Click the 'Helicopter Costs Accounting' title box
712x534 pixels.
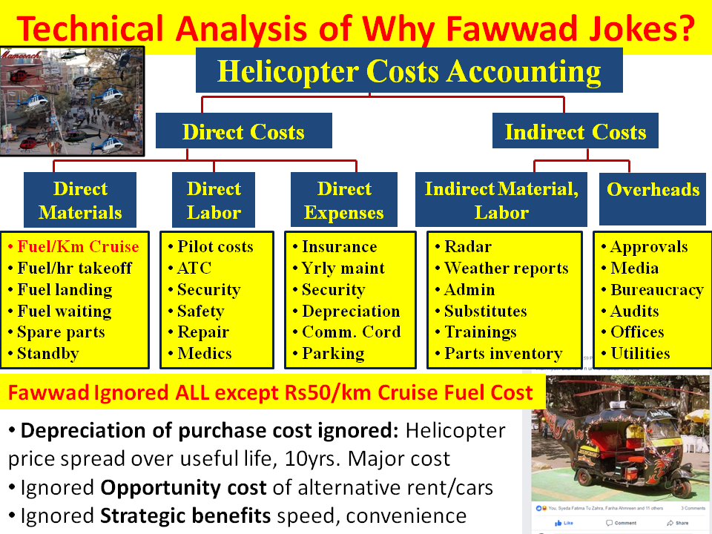tap(409, 71)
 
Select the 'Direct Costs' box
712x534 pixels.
tap(243, 132)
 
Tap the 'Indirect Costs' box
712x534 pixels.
tap(575, 132)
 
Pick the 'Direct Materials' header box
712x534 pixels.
tap(80, 200)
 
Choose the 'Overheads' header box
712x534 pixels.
tap(653, 190)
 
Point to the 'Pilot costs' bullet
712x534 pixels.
tap(214, 247)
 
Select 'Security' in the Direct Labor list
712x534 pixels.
tap(208, 290)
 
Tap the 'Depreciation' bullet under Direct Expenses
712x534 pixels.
tap(350, 311)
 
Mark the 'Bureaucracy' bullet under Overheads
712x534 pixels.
tap(656, 290)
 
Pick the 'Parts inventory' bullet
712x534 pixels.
tap(503, 355)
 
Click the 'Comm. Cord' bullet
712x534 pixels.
tap(350, 332)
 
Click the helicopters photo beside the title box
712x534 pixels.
tap(72, 100)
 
